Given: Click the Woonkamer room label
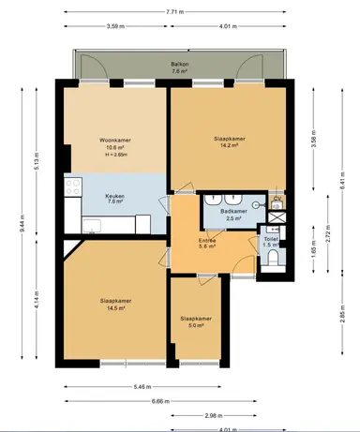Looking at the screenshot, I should pyautogui.click(x=115, y=141).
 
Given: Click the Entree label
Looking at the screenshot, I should pyautogui.click(x=207, y=241).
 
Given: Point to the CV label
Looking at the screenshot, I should pyautogui.click(x=277, y=200).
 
